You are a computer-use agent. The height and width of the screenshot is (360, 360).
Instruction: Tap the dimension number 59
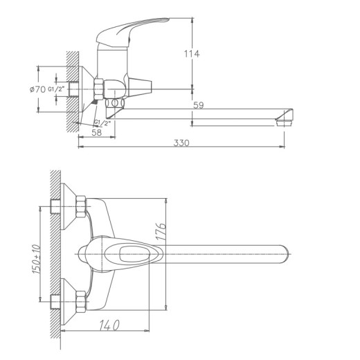(198, 105)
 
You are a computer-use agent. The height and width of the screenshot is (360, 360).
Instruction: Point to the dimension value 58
(96, 132)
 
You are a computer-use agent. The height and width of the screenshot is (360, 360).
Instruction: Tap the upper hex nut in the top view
(80, 206)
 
